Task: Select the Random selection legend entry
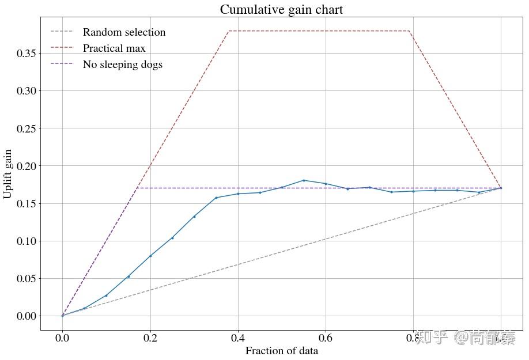point(124,32)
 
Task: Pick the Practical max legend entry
point(114,48)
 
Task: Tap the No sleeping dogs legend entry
point(122,65)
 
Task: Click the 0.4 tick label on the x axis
point(238,338)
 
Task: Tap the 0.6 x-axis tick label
point(326,338)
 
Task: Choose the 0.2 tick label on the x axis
point(150,338)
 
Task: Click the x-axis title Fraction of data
point(281,351)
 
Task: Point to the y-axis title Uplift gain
point(8,173)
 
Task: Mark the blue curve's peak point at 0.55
point(304,180)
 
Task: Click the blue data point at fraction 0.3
point(194,217)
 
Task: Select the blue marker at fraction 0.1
point(106,295)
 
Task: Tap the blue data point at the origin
point(62,316)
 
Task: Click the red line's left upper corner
point(229,31)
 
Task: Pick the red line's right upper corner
point(409,31)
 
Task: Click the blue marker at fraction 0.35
point(216,198)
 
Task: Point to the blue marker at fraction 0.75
point(391,192)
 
